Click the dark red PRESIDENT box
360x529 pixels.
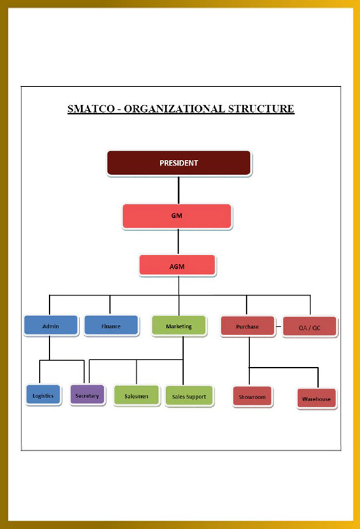pyautogui.click(x=179, y=163)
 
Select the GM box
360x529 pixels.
pyautogui.click(x=177, y=216)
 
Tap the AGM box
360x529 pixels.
pyautogui.click(x=177, y=265)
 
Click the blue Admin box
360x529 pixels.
pyautogui.click(x=51, y=326)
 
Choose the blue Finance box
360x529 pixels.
pyautogui.click(x=111, y=326)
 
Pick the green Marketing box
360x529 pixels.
pyautogui.click(x=179, y=326)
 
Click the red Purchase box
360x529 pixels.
pyautogui.click(x=247, y=326)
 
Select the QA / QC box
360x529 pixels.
pyautogui.click(x=310, y=327)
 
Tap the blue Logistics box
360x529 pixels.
pyautogui.click(x=44, y=395)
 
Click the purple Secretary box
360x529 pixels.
pyautogui.click(x=87, y=395)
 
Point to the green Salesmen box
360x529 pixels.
pyautogui.click(x=136, y=396)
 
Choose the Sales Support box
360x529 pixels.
pyautogui.click(x=189, y=396)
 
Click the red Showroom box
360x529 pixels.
pyautogui.click(x=252, y=397)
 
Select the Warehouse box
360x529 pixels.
pyautogui.click(x=316, y=399)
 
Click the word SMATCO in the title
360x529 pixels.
pyautogui.click(x=91, y=109)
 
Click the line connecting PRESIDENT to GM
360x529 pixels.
pyautogui.click(x=179, y=190)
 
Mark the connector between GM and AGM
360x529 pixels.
pyautogui.click(x=178, y=242)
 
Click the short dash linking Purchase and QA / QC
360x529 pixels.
pyautogui.click(x=279, y=326)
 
